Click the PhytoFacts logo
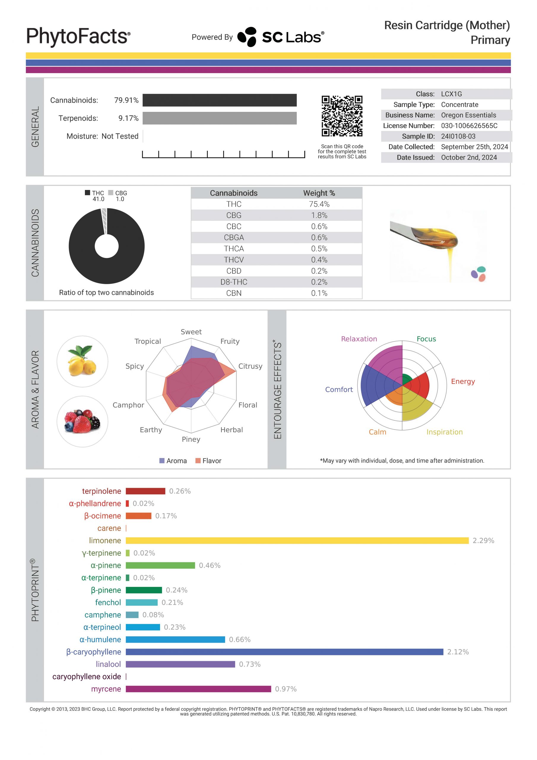coord(78,36)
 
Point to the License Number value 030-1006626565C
coord(469,126)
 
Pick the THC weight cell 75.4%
coord(319,204)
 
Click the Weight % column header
coord(319,193)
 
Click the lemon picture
coord(83,362)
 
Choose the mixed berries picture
coord(83,421)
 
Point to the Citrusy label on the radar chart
coord(250,366)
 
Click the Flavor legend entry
coord(208,461)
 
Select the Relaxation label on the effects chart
coord(359,339)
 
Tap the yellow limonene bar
coord(297,541)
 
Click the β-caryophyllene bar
coord(284,652)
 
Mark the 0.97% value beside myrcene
coord(285,689)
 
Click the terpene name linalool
coord(108,664)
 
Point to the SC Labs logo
coord(281,37)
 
